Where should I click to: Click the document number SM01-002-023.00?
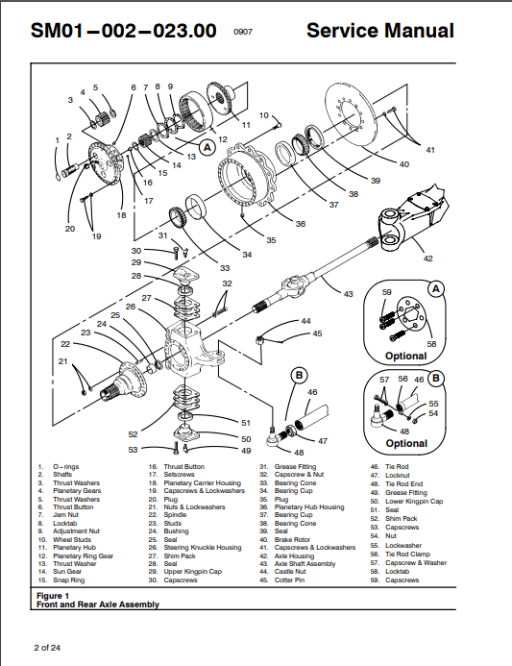123,31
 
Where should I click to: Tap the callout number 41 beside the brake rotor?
430,150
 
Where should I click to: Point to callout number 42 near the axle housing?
428,258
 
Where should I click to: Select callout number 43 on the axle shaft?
348,293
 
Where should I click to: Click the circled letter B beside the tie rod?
299,374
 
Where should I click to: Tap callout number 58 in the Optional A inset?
431,343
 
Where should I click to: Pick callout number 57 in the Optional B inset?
383,380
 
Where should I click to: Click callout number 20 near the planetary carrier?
69,229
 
